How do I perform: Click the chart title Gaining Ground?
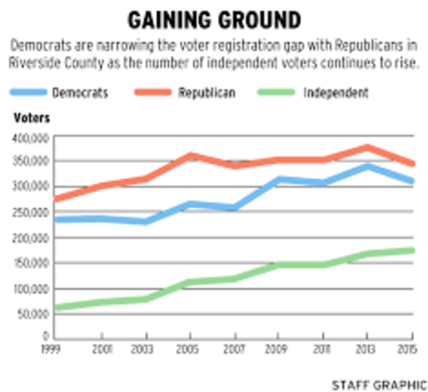pyautogui.click(x=214, y=18)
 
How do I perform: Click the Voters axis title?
pyautogui.click(x=31, y=118)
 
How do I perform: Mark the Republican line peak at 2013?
pyautogui.click(x=368, y=148)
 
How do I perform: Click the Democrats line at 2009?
pyautogui.click(x=279, y=180)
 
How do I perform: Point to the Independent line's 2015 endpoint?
pyautogui.click(x=412, y=250)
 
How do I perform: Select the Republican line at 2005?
pyautogui.click(x=191, y=155)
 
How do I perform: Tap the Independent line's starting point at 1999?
pyautogui.click(x=54, y=308)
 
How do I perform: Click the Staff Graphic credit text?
pyautogui.click(x=378, y=383)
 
